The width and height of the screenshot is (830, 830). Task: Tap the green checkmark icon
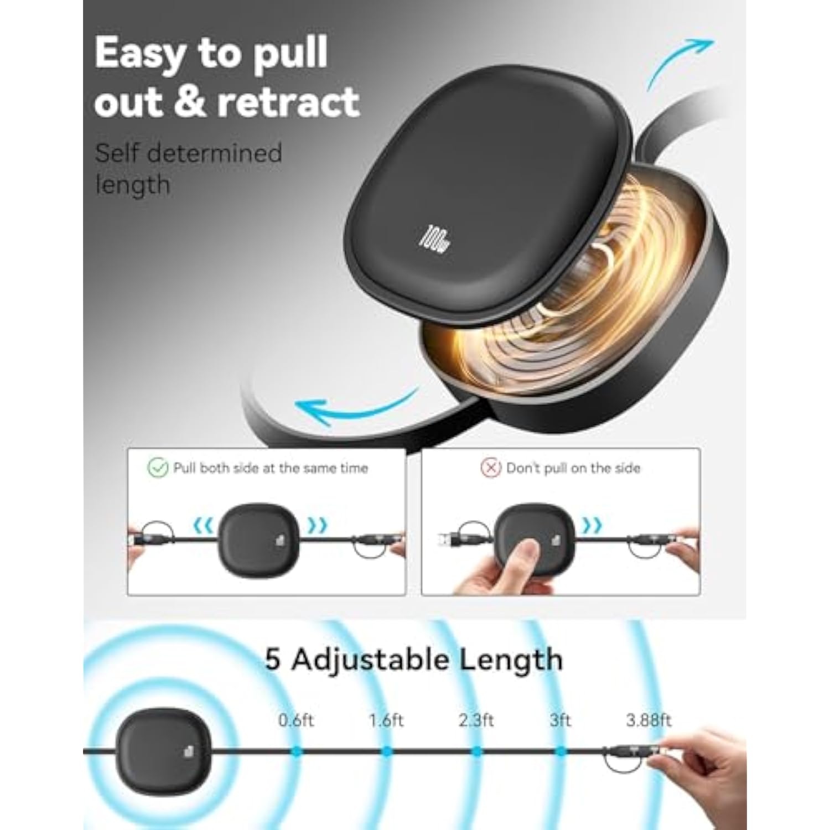(x=158, y=468)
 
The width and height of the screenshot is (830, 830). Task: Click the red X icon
(x=491, y=468)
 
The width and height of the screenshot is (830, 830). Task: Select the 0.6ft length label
(x=296, y=720)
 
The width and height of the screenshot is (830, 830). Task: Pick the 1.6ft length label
(x=386, y=720)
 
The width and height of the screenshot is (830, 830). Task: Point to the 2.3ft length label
(x=476, y=720)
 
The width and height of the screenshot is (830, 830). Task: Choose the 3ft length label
(x=561, y=720)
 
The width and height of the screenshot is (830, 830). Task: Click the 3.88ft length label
(x=649, y=720)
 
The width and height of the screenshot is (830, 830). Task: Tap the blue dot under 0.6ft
(x=297, y=751)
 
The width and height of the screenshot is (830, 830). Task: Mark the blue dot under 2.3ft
(x=476, y=751)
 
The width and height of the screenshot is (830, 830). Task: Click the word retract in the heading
(x=289, y=102)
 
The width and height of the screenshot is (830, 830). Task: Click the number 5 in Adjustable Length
(x=272, y=660)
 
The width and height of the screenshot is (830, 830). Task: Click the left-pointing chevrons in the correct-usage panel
(x=204, y=525)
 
